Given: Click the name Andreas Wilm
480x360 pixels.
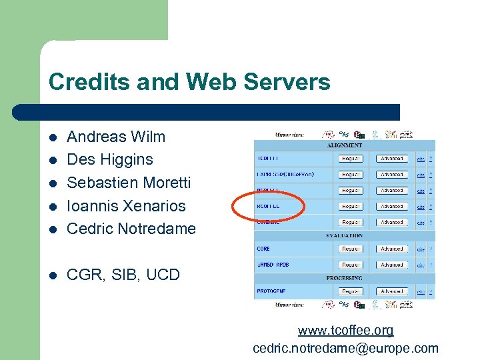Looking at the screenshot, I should [x=116, y=137].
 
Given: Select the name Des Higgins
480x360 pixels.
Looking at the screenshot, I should [x=110, y=159].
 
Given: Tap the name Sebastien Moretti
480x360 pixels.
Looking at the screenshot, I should [x=129, y=183].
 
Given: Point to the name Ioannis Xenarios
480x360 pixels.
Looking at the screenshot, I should [x=126, y=205].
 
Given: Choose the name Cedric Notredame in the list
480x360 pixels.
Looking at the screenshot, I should [x=131, y=229].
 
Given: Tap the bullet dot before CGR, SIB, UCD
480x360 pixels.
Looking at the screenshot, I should [x=53, y=275].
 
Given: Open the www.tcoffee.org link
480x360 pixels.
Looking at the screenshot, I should [x=345, y=330].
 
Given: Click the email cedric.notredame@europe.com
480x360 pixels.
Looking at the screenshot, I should [x=345, y=347].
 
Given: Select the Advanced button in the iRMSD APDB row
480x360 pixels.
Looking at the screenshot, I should [x=392, y=265].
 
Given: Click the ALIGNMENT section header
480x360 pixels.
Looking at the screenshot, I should [x=344, y=145].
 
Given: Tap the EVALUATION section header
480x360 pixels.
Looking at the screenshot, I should [x=344, y=235].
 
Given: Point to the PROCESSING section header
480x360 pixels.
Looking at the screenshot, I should [x=344, y=277].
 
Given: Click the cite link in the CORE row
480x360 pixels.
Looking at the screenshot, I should [x=420, y=249].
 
